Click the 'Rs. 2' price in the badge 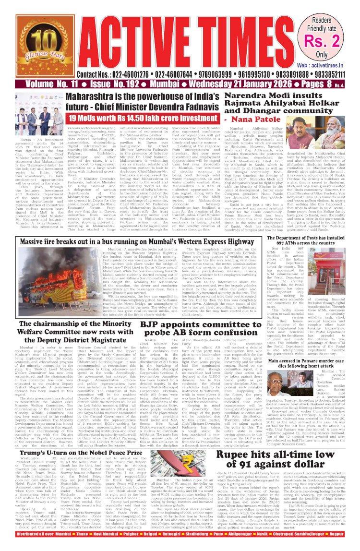point(331,39)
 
